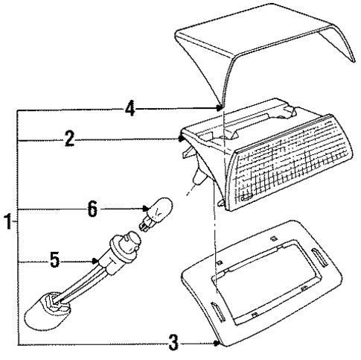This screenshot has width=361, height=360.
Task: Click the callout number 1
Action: pos(8,221)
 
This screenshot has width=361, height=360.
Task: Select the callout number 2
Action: pos(69,139)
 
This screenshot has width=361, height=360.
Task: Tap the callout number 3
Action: pos(173,342)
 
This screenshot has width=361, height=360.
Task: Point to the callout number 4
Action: pos(130,108)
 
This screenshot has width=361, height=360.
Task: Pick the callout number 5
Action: pos(55,259)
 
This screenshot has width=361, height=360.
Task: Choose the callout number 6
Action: pos(92,209)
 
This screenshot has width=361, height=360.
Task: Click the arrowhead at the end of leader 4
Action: pos(219,108)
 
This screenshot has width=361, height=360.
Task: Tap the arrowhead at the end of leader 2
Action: pos(181,139)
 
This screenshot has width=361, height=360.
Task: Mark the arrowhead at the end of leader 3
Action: pos(217,343)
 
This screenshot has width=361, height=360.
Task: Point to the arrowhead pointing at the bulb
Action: pos(146,209)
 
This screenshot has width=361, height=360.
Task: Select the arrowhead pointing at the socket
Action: pos(95,261)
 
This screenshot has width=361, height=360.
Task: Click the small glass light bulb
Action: pos(156,213)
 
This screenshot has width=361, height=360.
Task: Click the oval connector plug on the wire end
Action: pos(47,312)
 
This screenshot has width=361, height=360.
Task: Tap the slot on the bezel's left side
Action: pos(218,312)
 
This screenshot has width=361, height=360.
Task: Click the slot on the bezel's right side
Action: pos(319,258)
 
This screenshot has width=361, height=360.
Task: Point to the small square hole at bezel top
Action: pos(273,239)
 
